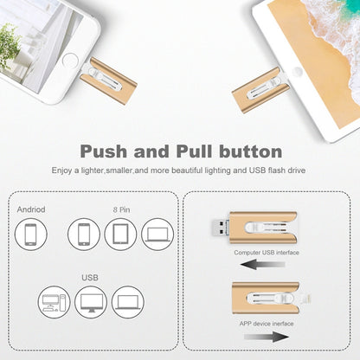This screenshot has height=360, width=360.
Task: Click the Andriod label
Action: (x=30, y=210)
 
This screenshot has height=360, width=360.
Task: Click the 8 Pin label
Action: (x=120, y=209)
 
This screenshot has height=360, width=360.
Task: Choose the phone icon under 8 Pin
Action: (x=85, y=235)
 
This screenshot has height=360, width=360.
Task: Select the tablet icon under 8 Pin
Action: (x=120, y=235)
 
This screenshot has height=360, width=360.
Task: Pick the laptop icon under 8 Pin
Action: (x=157, y=235)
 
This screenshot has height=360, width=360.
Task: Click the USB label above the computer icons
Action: (x=90, y=280)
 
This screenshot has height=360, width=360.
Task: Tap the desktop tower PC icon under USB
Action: (x=55, y=302)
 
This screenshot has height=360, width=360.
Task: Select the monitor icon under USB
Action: (x=91, y=302)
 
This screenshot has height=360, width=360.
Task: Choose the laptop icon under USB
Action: (x=127, y=302)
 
